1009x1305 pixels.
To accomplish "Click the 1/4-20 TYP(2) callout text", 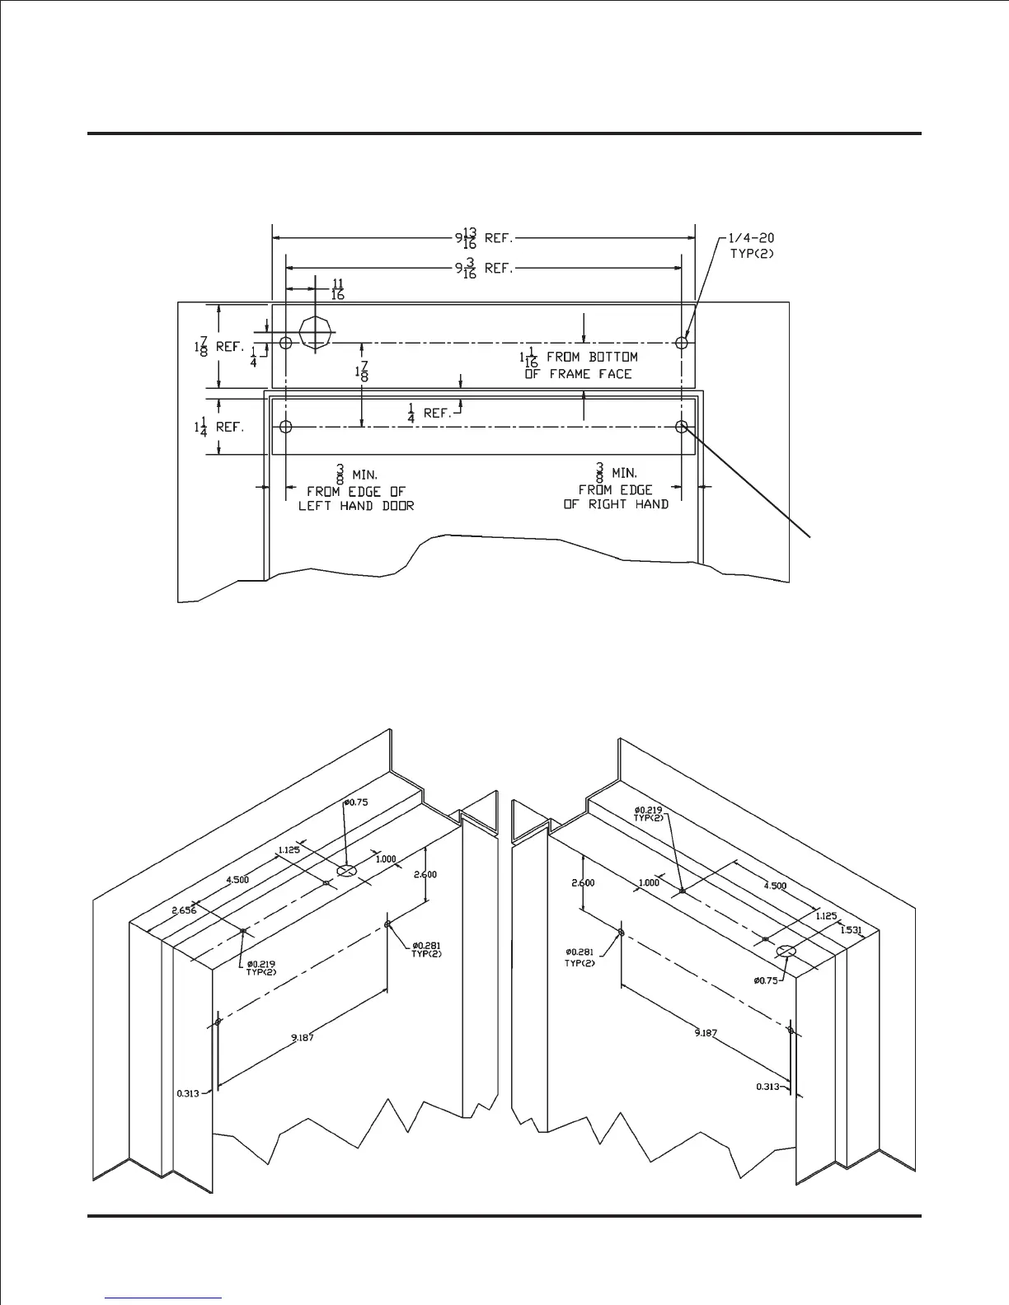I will point(752,246).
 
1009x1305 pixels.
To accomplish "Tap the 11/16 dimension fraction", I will point(338,289).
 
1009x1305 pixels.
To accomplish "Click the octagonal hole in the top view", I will point(317,334).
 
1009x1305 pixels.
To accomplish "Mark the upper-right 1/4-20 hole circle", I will point(682,342).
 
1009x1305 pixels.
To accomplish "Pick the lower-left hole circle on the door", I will point(286,427).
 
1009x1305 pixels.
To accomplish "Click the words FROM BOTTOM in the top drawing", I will point(592,358).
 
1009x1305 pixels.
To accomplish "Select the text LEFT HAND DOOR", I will point(356,506).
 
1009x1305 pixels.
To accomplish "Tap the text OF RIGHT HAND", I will point(616,504).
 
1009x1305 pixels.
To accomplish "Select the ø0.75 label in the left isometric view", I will point(356,802).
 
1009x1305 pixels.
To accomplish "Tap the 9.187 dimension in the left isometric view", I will point(303,1037).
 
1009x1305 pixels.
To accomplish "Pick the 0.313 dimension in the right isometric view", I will point(768,1087).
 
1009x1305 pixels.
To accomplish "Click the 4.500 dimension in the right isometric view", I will point(775,886).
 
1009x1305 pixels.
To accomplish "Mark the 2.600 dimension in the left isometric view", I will point(425,874).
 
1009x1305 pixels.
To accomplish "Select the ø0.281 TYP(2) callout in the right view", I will point(580,957).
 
